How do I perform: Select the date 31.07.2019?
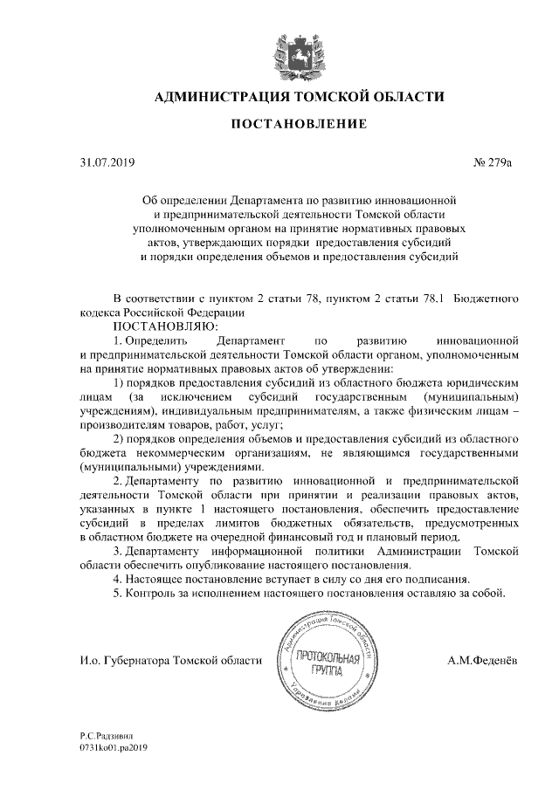click(103, 162)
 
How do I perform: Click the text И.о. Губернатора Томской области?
click(170, 661)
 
